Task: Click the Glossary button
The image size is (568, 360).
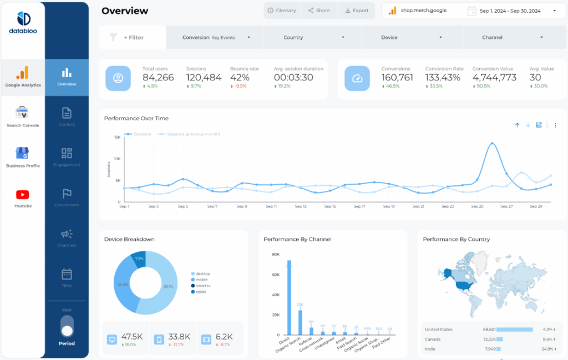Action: coord(282,11)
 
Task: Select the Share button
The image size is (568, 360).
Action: coord(319,11)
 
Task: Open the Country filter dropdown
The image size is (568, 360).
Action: coord(312,38)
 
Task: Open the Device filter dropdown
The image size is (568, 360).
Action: coord(410,38)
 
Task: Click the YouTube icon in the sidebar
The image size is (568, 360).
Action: coord(23,195)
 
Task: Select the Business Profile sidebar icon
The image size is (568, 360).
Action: coord(23,154)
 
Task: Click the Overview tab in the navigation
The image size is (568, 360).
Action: coord(67,77)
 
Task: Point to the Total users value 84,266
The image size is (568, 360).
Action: coord(158,78)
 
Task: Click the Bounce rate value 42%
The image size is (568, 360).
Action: coord(240,78)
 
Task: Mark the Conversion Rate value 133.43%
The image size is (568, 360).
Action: coord(443,78)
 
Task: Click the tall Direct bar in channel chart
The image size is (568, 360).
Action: coord(289,300)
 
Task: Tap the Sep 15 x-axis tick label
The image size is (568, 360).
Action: coord(330,206)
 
